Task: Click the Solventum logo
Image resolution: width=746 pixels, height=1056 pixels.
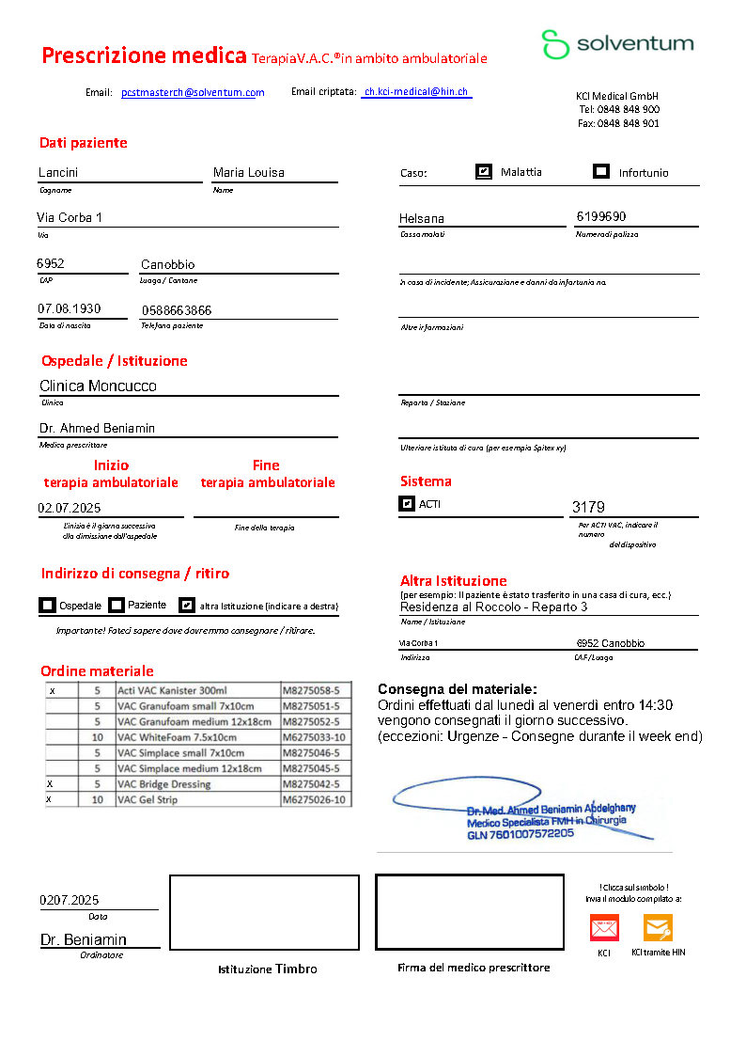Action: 616,44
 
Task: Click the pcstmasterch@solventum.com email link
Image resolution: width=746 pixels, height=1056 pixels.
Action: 193,92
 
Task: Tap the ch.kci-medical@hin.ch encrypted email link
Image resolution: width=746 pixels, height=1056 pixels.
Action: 416,92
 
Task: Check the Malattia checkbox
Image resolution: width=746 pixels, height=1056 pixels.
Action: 484,172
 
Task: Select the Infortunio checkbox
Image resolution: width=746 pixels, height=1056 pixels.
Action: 601,172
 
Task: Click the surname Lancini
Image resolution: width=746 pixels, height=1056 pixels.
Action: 58,172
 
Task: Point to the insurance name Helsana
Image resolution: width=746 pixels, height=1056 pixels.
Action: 422,218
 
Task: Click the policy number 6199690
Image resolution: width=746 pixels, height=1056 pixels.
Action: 600,216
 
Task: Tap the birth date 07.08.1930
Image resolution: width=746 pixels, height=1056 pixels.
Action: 70,309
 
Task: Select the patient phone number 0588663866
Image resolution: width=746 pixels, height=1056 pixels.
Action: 177,310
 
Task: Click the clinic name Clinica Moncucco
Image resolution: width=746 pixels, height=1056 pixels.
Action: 98,386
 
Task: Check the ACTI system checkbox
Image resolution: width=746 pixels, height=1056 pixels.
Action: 407,504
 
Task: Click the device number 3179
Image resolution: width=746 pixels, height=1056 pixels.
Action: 588,508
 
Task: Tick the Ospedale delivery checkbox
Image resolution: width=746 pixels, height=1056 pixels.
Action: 48,606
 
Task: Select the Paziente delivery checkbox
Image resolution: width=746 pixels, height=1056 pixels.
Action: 117,606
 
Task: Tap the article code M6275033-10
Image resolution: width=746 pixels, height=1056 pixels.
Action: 315,738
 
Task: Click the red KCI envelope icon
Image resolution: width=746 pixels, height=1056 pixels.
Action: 603,928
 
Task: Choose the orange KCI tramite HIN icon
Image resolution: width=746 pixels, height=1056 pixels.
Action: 658,928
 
